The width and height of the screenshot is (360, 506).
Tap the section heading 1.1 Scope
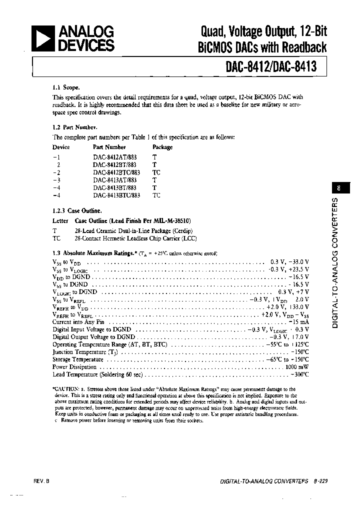coord(66,87)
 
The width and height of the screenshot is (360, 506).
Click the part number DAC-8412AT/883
coord(114,157)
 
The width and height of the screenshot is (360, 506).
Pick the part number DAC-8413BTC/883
coord(116,195)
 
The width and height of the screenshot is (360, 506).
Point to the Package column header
coord(162,147)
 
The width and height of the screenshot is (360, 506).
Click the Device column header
coord(61,147)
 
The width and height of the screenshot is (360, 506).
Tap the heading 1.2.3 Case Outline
coord(77,211)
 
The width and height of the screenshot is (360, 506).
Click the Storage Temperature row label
coord(77,359)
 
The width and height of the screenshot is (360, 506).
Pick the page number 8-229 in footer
coord(317,481)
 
